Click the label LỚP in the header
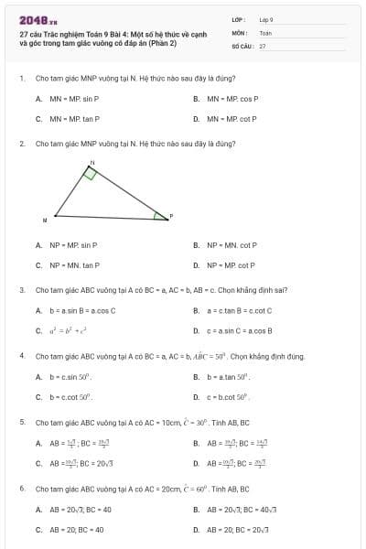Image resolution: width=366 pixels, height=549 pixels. pyautogui.click(x=238, y=18)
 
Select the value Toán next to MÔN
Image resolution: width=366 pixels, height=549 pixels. pyautogui.click(x=265, y=32)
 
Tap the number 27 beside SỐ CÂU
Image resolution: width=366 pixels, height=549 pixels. pyautogui.click(x=263, y=45)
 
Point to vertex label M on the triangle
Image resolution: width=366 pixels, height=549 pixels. pyautogui.click(x=45, y=220)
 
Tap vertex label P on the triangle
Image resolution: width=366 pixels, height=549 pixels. pyautogui.click(x=171, y=215)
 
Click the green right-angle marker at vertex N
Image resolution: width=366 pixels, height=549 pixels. pyautogui.click(x=90, y=174)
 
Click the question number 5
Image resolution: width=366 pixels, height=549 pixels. pyautogui.click(x=22, y=422)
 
